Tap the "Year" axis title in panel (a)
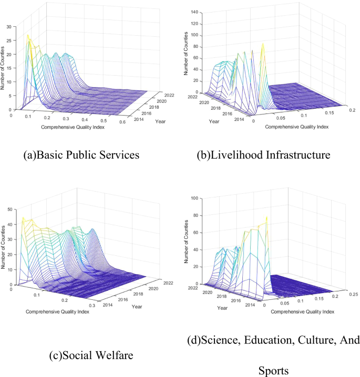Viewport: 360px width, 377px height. pos(160,120)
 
